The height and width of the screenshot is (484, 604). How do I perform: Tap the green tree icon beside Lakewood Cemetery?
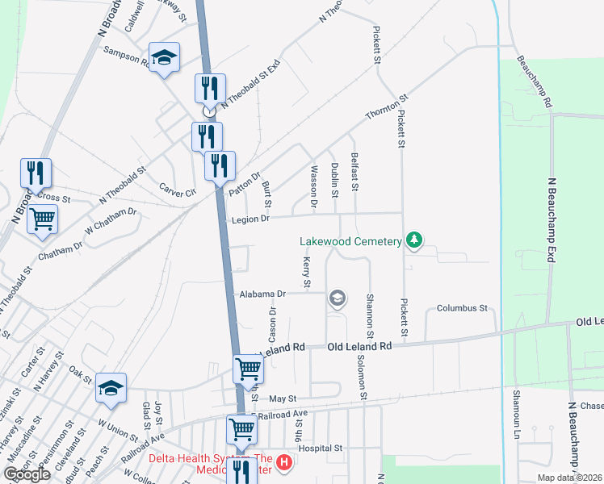click(414, 240)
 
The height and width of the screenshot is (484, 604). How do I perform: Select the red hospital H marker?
click(283, 462)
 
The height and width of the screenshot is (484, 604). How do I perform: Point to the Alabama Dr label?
click(262, 294)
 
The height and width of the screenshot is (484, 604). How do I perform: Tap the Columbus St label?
click(463, 308)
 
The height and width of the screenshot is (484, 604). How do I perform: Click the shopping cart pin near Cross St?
click(42, 218)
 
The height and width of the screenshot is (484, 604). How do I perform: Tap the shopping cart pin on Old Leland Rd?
click(248, 369)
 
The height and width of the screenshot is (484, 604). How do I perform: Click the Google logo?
click(27, 474)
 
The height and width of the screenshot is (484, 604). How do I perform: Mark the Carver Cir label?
click(178, 188)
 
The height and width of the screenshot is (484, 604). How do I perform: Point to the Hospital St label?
click(321, 448)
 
